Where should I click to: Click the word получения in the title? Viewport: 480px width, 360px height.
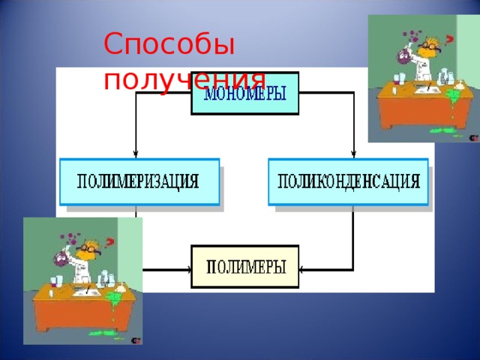pyautogui.click(x=184, y=79)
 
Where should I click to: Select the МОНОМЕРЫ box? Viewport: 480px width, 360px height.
pyautogui.click(x=244, y=93)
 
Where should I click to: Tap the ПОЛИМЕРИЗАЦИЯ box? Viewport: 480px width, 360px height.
pyautogui.click(x=139, y=181)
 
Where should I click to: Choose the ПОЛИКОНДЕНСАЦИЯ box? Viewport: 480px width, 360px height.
pyautogui.click(x=348, y=181)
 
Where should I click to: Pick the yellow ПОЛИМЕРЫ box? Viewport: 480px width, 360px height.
pyautogui.click(x=245, y=266)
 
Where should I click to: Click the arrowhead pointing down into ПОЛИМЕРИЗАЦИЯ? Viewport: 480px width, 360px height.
pyautogui.click(x=136, y=151)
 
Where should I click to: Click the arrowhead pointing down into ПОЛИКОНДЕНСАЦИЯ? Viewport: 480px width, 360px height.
pyautogui.click(x=353, y=151)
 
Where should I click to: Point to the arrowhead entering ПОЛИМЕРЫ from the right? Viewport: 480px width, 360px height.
pyautogui.click(x=301, y=268)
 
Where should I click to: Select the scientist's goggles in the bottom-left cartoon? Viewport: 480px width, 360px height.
pyautogui.click(x=88, y=248)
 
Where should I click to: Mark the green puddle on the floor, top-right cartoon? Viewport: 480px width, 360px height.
pyautogui.click(x=456, y=133)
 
